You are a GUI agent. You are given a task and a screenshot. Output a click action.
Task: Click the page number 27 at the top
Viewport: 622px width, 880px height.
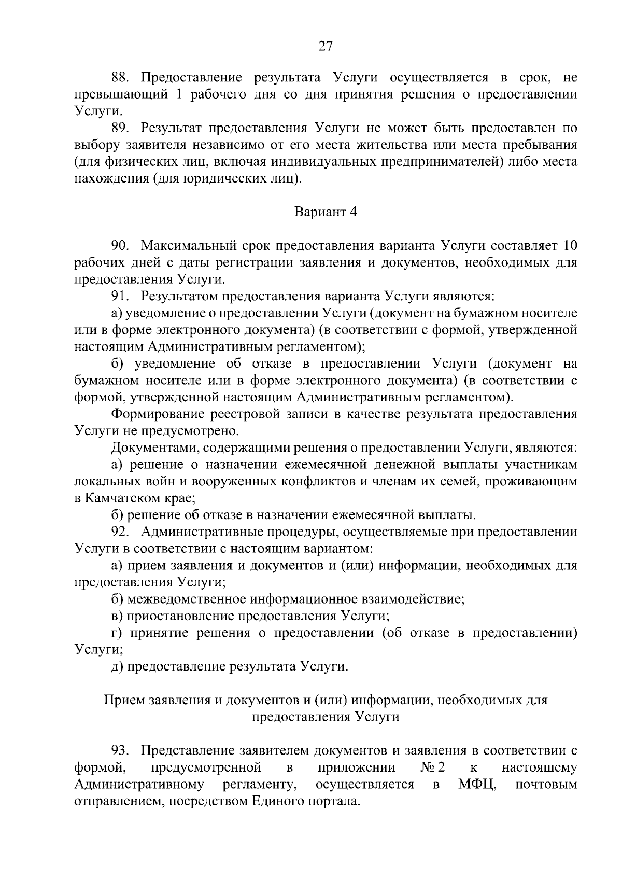click(325, 47)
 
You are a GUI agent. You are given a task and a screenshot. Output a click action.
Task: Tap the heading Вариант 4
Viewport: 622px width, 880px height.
click(326, 212)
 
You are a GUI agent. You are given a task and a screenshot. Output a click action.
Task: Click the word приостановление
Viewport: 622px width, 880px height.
click(181, 616)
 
